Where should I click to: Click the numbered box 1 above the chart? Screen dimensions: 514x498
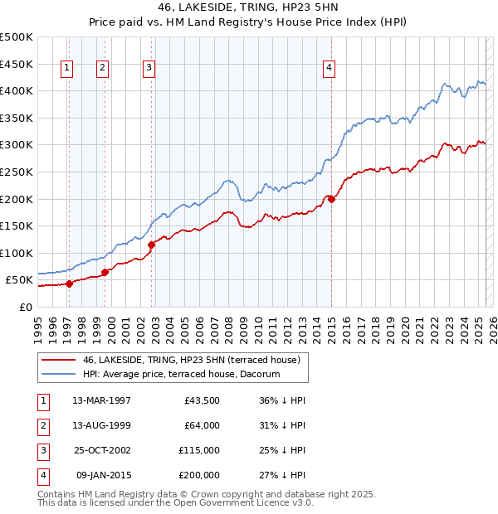[66, 69]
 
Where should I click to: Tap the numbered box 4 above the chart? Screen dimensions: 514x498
[330, 69]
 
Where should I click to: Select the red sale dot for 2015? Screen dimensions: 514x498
[331, 199]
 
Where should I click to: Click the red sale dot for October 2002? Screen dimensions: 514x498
[152, 245]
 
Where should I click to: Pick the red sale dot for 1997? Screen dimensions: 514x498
[70, 284]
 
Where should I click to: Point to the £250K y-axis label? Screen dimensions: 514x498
[17, 172]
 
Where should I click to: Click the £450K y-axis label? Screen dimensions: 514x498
[17, 64]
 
